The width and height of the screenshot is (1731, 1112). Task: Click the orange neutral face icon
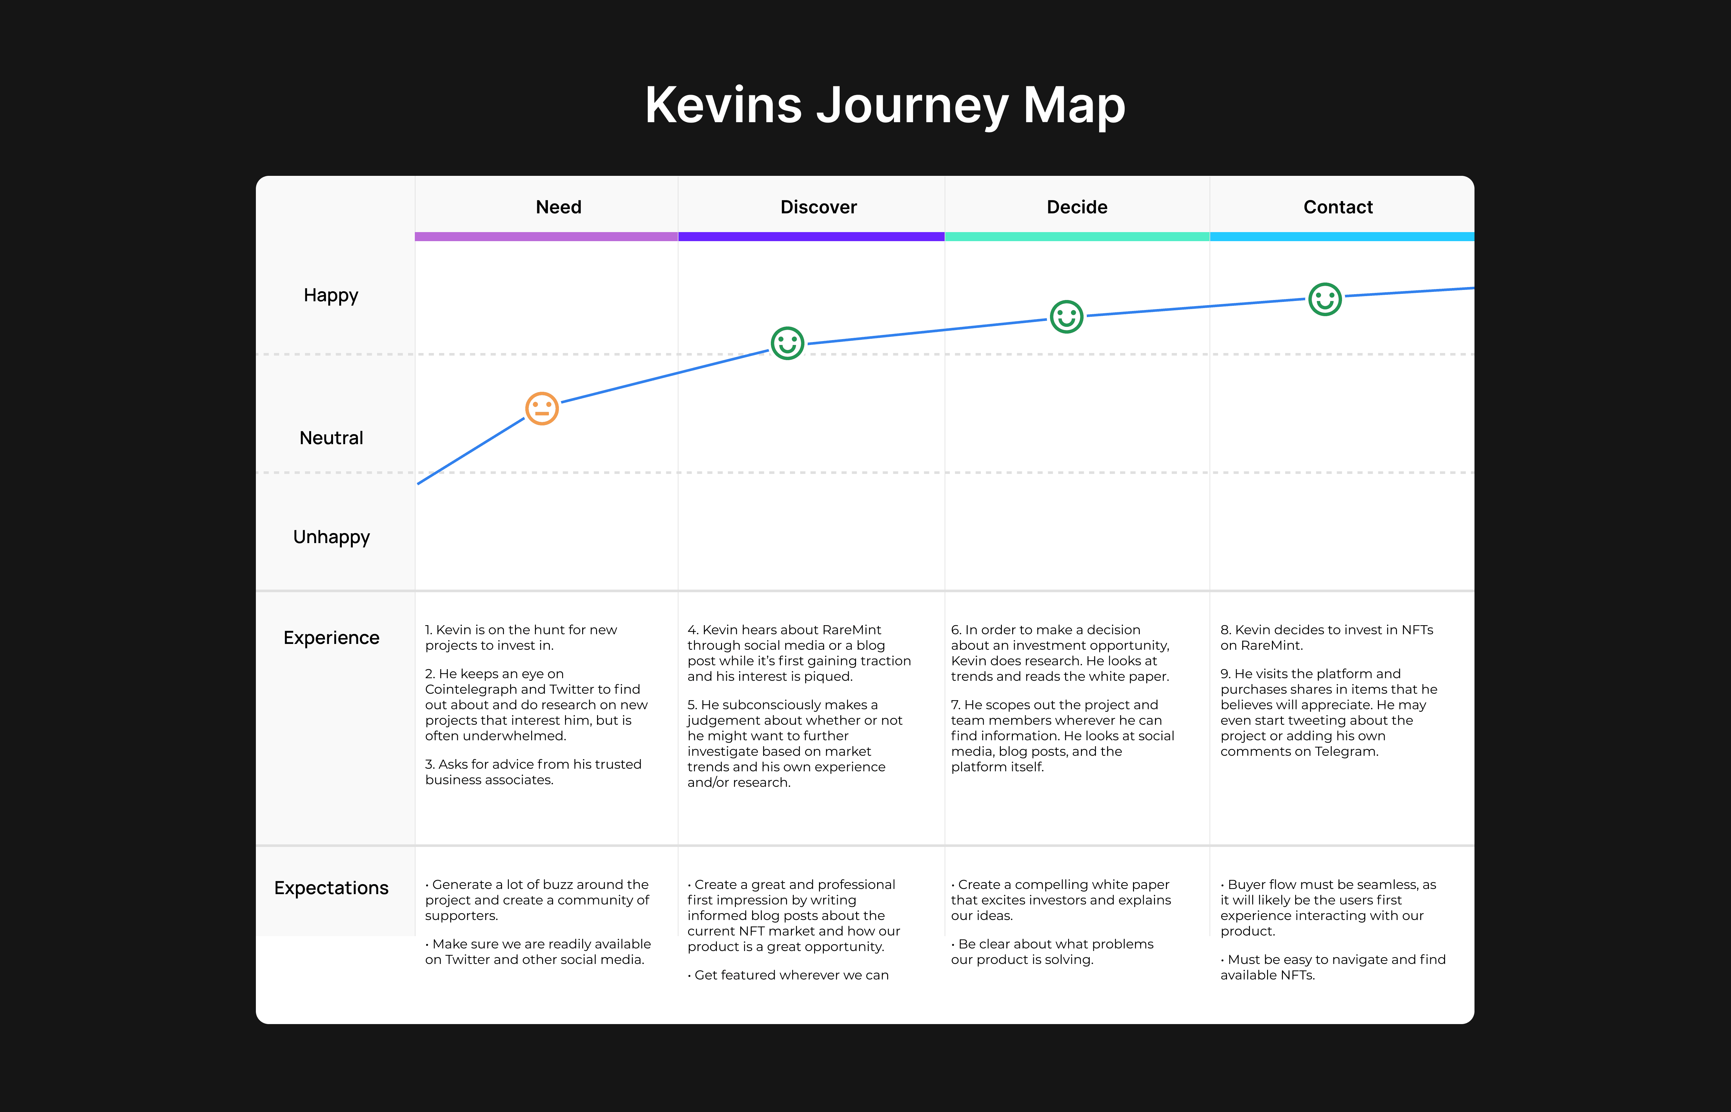coord(542,409)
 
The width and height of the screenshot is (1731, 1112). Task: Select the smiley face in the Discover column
coord(787,343)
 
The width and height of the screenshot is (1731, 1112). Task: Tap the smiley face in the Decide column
coord(1066,316)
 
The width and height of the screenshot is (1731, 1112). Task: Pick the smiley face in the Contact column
coord(1325,299)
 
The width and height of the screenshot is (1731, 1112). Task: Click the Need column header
coord(559,207)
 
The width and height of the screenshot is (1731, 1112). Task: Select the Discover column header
coord(818,207)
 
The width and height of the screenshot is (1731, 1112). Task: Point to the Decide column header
coord(1076,207)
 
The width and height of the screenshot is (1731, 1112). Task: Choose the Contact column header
coord(1338,207)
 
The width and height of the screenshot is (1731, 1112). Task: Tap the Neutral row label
coord(331,438)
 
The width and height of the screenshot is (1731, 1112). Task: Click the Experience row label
coord(331,637)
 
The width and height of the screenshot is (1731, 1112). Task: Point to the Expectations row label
coord(331,887)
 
